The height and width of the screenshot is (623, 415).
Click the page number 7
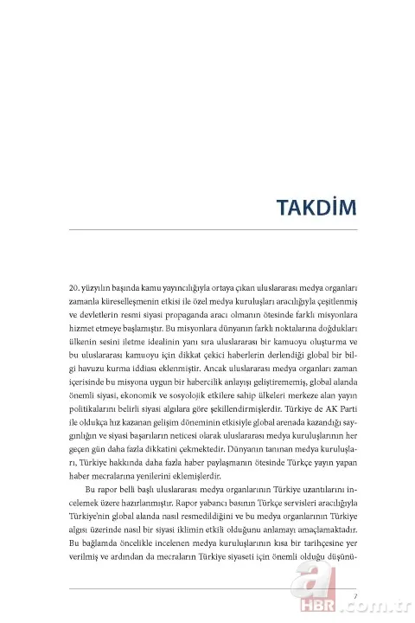(x=354, y=592)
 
